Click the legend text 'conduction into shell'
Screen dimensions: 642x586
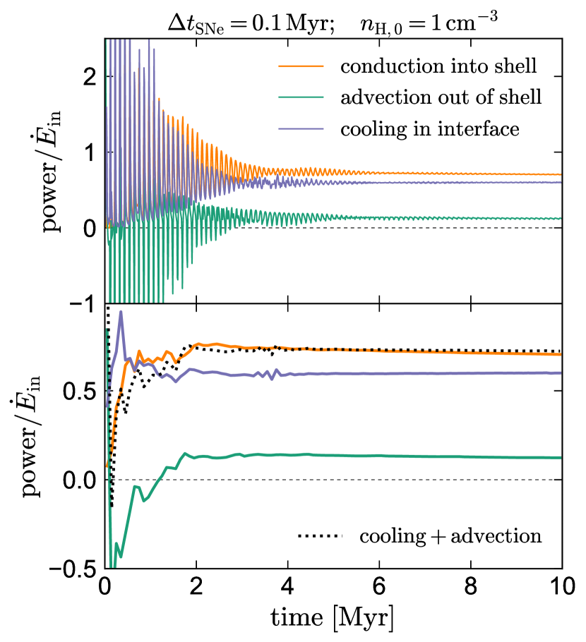pyautogui.click(x=438, y=67)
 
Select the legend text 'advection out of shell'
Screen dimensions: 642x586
pyautogui.click(x=441, y=98)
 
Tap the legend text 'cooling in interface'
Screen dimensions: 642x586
pyautogui.click(x=430, y=129)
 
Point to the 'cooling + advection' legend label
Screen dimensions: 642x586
pyautogui.click(x=450, y=536)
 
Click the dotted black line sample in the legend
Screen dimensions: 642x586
pyautogui.click(x=318, y=536)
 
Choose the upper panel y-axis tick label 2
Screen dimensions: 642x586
pyautogui.click(x=89, y=77)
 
